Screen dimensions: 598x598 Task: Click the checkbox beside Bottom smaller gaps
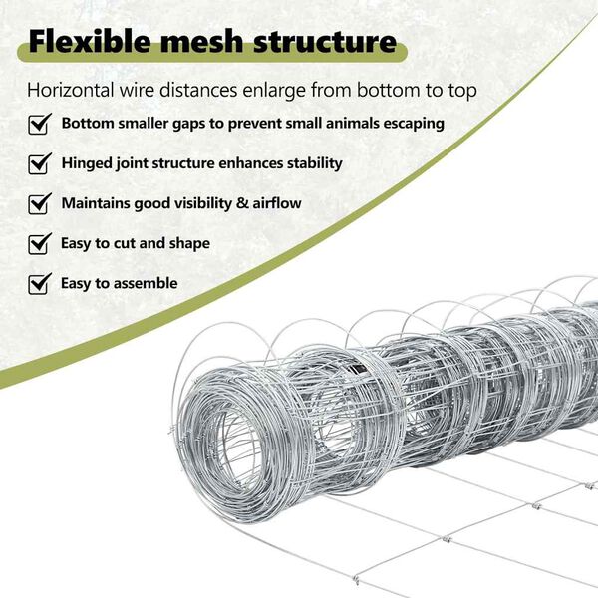coord(40,125)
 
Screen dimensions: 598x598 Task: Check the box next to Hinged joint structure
coord(40,163)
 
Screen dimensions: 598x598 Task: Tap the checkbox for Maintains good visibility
coord(40,203)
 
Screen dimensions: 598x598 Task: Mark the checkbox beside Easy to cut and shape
coord(40,243)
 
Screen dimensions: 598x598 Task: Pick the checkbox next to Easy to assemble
coord(40,283)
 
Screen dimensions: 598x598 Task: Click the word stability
coord(310,162)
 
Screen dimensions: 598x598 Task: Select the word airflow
coord(272,203)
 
